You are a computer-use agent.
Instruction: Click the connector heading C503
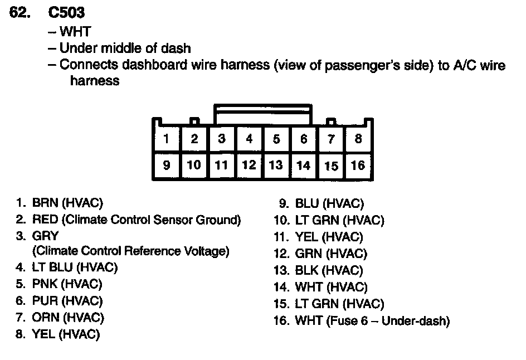(66, 12)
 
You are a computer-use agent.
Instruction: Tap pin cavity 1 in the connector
(167, 138)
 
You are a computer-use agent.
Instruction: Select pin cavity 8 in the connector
(358, 138)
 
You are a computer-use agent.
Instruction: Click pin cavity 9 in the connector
(167, 165)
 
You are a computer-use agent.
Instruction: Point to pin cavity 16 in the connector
(358, 165)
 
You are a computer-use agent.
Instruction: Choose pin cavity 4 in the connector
(249, 138)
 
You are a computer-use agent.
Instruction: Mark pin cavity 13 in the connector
(276, 165)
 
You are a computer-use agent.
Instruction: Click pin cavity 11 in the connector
(221, 165)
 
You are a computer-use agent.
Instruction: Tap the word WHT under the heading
(75, 32)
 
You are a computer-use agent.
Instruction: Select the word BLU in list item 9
(307, 204)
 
